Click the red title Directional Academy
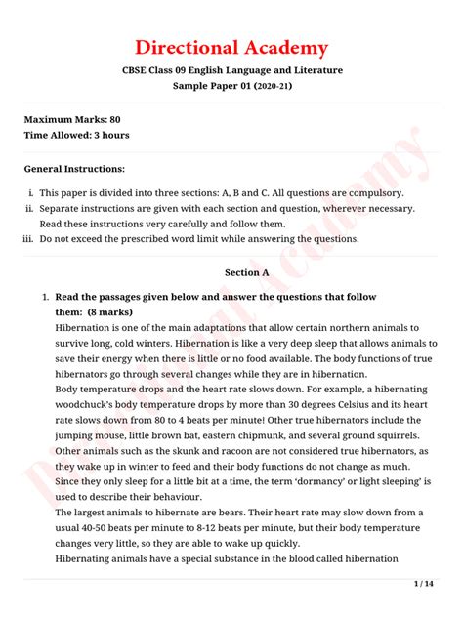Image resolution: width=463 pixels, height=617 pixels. coord(231,48)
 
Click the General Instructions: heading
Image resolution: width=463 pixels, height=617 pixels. coord(74,169)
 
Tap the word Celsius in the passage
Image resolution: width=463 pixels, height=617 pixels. coord(356,404)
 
